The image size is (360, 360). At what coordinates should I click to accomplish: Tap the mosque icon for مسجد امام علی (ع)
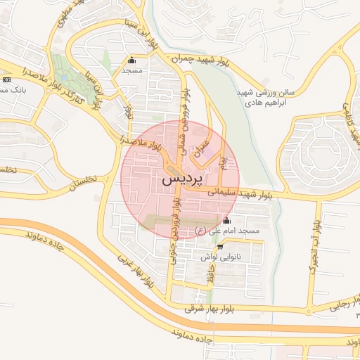click(226, 221)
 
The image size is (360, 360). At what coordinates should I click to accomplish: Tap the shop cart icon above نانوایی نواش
click(221, 247)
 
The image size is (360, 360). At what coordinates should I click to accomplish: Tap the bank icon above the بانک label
click(6, 79)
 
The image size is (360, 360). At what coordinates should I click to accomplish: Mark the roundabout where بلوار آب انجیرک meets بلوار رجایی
click(309, 310)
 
